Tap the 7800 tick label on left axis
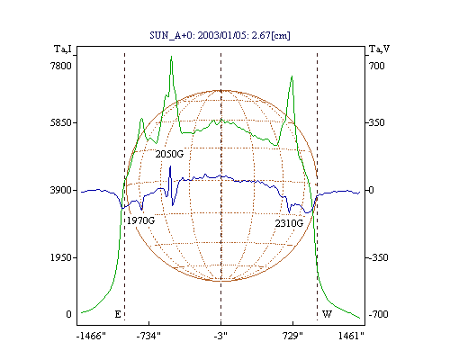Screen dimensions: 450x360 61,66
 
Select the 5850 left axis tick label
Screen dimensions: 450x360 61,122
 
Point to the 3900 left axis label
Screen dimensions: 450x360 61,190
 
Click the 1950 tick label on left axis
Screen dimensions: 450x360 61,257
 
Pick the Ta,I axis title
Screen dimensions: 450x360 63,49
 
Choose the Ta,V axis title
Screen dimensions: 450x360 379,49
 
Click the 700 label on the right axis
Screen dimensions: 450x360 377,66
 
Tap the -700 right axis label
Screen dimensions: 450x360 378,314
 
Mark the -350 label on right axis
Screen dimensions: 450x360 378,257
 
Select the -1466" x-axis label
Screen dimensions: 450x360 91,336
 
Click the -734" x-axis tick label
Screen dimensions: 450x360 148,336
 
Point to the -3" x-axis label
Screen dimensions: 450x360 220,336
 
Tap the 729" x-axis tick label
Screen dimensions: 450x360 293,336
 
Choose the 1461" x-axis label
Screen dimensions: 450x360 351,336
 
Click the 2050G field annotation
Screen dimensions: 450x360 169,154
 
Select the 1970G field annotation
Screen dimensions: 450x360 140,220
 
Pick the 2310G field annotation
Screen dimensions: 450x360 289,223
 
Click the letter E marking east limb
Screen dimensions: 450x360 118,314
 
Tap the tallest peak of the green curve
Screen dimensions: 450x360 171,56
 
